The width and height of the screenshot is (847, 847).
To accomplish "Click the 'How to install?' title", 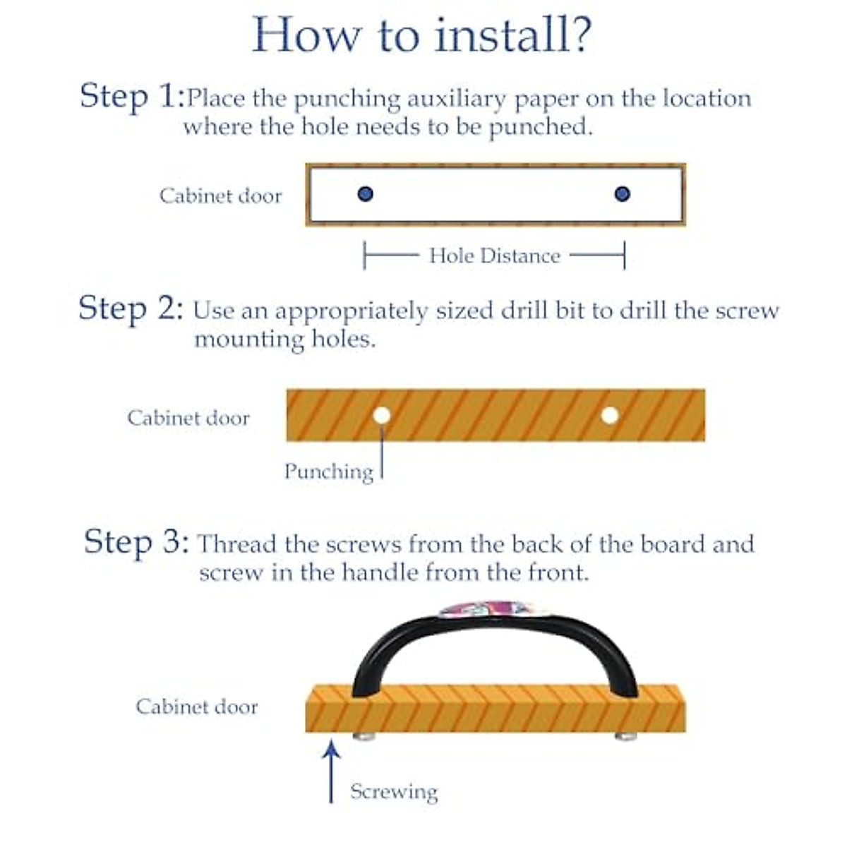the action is pyautogui.click(x=422, y=35).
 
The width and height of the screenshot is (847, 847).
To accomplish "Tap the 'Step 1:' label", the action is pyautogui.click(x=133, y=97).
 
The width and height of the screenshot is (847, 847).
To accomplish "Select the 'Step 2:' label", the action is pyautogui.click(x=131, y=309).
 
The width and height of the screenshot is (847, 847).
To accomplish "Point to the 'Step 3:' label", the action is pyautogui.click(x=137, y=543).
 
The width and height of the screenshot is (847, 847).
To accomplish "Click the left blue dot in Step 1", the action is pyautogui.click(x=365, y=194).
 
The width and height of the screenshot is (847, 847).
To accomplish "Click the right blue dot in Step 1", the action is pyautogui.click(x=622, y=194).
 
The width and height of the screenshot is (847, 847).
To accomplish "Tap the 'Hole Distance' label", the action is pyautogui.click(x=495, y=256).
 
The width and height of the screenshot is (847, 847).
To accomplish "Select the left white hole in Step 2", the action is pyautogui.click(x=382, y=415).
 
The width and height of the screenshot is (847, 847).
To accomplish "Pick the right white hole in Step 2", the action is pyautogui.click(x=610, y=415).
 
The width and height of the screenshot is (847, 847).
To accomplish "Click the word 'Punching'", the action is pyautogui.click(x=329, y=472).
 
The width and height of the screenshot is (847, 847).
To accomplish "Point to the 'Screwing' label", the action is pyautogui.click(x=395, y=792).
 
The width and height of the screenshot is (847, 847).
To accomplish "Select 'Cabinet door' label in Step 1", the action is pyautogui.click(x=221, y=196).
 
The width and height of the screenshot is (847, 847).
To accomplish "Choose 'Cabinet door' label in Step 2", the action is pyautogui.click(x=188, y=418).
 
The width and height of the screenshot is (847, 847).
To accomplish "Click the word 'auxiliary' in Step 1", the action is pyautogui.click(x=456, y=100).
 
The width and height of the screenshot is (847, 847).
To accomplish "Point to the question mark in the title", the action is pyautogui.click(x=579, y=35).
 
